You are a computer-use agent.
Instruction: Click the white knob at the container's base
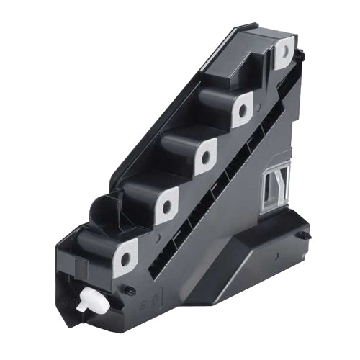96,302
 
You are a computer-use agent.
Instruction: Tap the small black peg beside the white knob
130,291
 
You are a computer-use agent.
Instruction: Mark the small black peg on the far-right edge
307,235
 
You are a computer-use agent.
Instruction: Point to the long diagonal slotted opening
216,187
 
